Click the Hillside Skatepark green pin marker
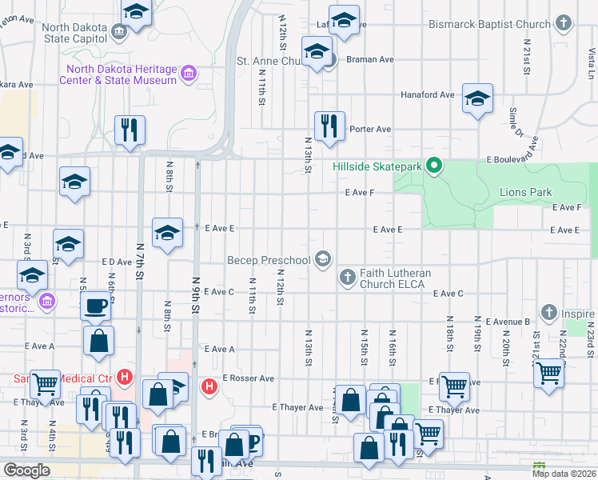pos(434,166)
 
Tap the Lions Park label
pos(525,193)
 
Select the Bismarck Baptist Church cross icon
pos(564,24)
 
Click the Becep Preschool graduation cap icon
pos(323,259)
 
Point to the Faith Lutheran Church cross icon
pos(347,278)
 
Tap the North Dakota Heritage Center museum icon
pos(189,75)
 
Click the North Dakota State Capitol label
pos(74,33)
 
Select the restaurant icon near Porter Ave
pos(329,126)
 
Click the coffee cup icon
pos(97,305)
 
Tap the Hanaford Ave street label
pos(427,94)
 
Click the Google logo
pos(26,470)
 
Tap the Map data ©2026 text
pos(563,474)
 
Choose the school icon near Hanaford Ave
pos(477,98)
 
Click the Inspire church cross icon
pos(548,311)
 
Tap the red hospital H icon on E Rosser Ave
pos(209,386)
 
